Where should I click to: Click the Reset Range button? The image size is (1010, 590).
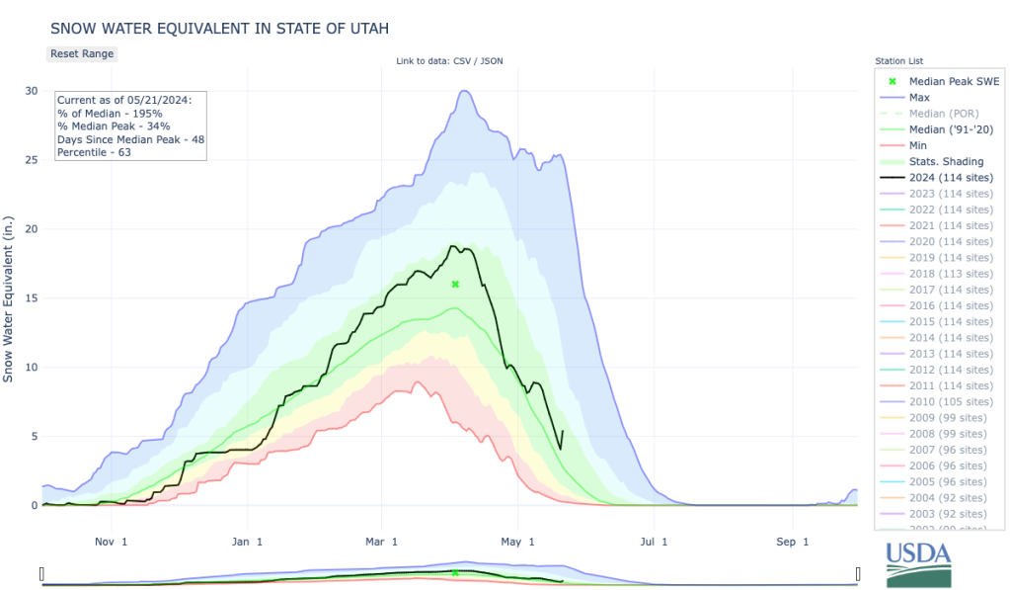tap(82, 53)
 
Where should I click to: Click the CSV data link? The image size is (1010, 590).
tap(462, 61)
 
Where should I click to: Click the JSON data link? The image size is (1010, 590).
tap(491, 61)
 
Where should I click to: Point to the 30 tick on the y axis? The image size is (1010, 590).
tap(31, 91)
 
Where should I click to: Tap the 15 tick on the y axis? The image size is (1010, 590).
tap(31, 298)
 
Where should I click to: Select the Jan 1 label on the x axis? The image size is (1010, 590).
tap(247, 542)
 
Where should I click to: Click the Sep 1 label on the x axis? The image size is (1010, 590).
tap(786, 542)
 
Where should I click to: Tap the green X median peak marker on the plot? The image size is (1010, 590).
tap(455, 284)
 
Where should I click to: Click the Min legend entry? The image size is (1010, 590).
tap(918, 146)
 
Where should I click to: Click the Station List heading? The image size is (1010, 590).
tap(898, 61)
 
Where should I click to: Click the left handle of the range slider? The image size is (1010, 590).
tap(41, 574)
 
